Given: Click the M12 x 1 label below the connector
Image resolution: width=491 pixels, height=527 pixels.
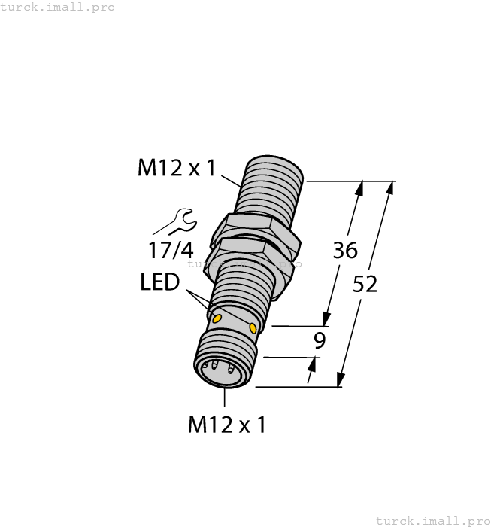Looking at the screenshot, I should pos(226,425).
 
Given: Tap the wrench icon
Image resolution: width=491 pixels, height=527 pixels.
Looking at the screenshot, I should pos(175,221).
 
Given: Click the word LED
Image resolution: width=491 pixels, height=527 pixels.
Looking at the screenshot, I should pos(159,283).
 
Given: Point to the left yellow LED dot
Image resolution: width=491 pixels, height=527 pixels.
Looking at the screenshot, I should pos(217,319).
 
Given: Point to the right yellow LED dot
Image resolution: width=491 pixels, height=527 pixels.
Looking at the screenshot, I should pos(253,328).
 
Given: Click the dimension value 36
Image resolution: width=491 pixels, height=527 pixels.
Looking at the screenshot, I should pos(345,251).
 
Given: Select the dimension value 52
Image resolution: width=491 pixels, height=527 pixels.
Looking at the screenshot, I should pos(365,285).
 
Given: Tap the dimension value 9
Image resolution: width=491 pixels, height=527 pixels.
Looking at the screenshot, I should pos(320,341).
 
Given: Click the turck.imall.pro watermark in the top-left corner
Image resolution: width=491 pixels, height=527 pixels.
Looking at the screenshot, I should pos(58,7).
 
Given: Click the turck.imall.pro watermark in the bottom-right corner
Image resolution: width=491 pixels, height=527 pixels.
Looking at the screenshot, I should pos(432,520).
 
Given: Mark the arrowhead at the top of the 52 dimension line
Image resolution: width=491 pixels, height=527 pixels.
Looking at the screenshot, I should pos(389,187).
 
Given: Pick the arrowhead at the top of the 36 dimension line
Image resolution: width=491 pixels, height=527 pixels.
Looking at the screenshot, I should pos(360,187).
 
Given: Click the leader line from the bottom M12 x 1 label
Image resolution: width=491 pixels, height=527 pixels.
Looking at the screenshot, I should pos(225,399).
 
